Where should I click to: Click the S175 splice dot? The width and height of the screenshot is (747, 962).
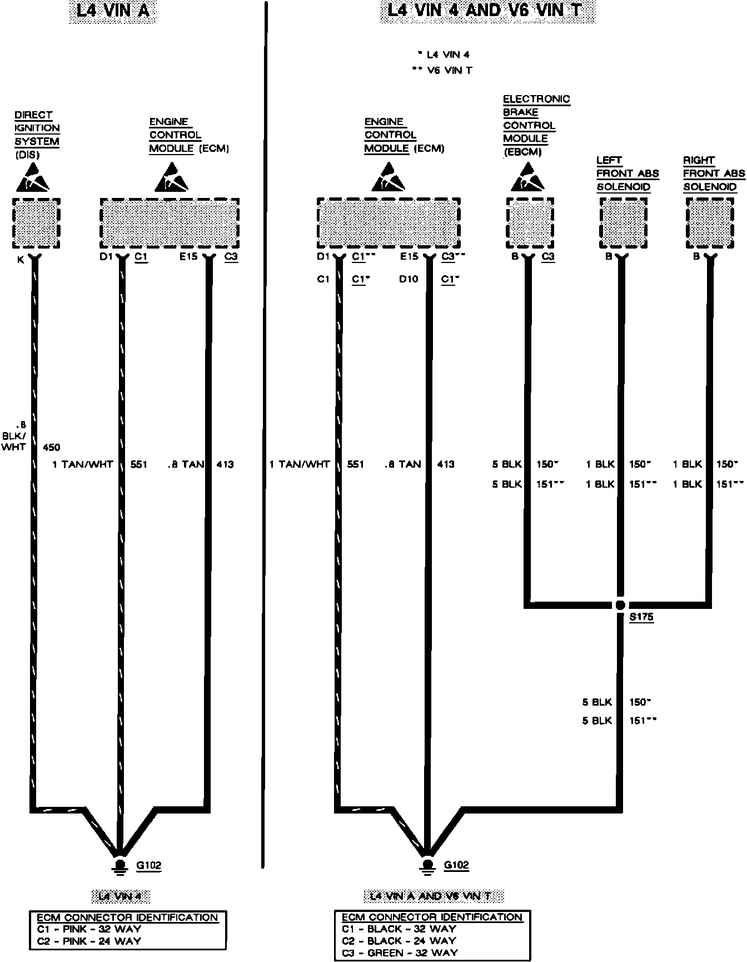click(x=620, y=605)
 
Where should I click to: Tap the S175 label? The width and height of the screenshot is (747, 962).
click(x=641, y=617)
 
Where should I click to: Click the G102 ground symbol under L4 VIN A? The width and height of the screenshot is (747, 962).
click(x=119, y=866)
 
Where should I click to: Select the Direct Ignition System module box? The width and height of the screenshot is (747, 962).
click(x=36, y=223)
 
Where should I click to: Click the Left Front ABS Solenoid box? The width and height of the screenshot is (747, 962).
click(x=624, y=223)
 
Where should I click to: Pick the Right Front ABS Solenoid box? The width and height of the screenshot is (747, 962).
click(x=710, y=223)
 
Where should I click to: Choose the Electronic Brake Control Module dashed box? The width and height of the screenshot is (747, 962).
click(x=530, y=223)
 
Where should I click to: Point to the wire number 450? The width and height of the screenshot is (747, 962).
click(x=51, y=447)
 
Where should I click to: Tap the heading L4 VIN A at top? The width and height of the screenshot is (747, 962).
click(x=113, y=11)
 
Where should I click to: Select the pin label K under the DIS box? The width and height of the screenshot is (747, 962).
click(x=21, y=260)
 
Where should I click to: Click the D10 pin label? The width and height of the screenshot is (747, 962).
click(x=409, y=279)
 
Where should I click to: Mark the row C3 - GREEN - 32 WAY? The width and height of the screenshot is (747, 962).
click(x=400, y=953)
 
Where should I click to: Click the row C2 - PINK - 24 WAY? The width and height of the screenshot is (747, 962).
click(x=89, y=941)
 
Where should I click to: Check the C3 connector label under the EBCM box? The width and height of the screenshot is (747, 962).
click(x=548, y=256)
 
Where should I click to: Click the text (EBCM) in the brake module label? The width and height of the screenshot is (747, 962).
click(x=522, y=151)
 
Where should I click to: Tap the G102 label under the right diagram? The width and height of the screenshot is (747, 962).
click(x=456, y=865)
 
